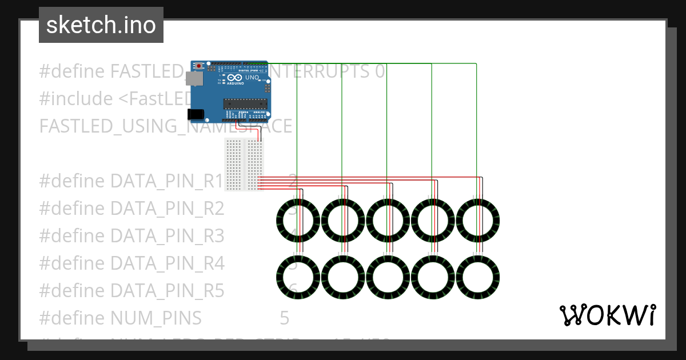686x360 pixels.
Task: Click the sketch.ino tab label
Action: click(101, 25)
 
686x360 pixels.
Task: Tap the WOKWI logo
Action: click(607, 315)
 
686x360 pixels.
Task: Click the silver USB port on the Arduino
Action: click(196, 78)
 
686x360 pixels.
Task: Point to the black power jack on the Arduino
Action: click(196, 114)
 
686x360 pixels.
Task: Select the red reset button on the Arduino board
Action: click(199, 67)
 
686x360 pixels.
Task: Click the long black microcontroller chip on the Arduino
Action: click(245, 103)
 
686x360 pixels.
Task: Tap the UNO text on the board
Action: click(252, 78)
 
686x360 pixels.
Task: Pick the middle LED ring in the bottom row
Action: click(388, 277)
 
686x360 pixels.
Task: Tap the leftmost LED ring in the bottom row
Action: click(297, 277)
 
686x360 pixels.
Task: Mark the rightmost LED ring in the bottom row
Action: click(477, 277)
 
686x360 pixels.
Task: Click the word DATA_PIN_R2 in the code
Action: click(167, 209)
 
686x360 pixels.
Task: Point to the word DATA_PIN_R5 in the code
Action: click(167, 290)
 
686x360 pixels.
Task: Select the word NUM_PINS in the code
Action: click(155, 318)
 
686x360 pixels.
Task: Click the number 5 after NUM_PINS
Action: click(285, 318)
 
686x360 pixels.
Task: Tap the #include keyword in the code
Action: click(76, 99)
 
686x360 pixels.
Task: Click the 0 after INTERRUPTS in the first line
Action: click(380, 71)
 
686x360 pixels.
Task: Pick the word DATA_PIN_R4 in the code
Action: click(167, 263)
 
